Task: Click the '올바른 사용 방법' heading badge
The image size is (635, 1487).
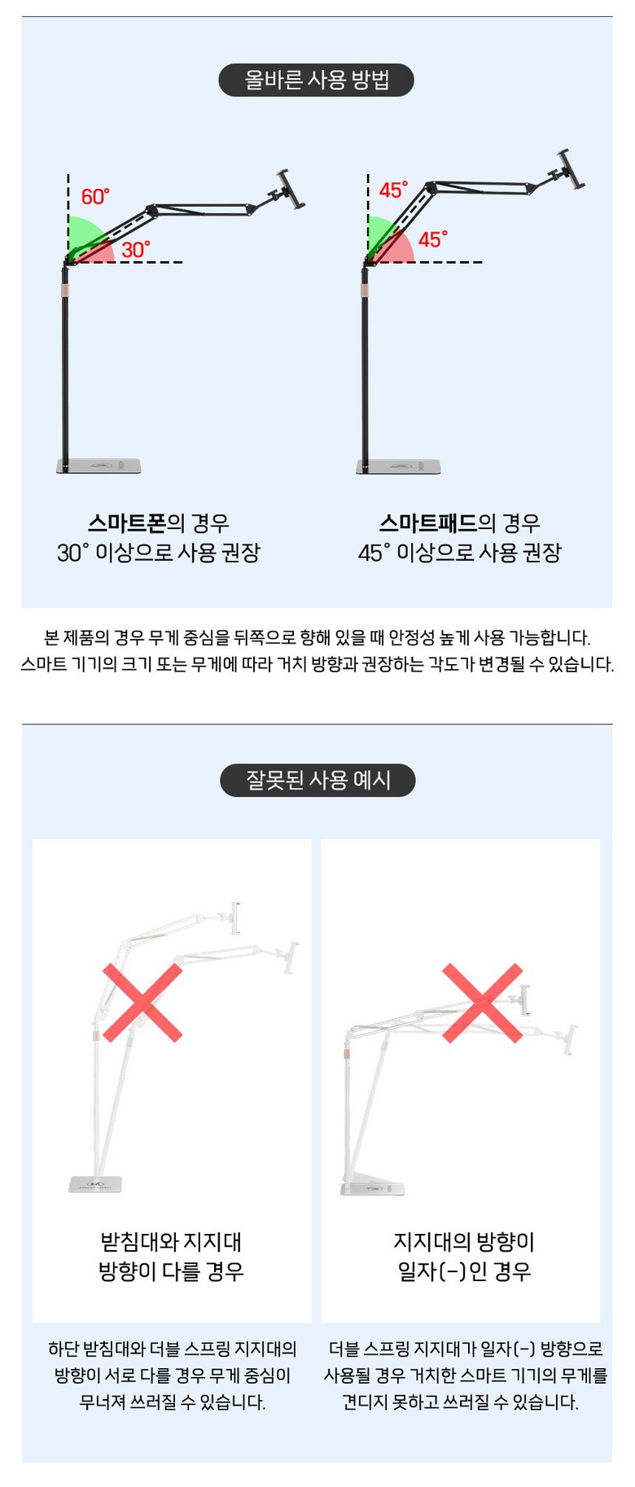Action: (x=316, y=80)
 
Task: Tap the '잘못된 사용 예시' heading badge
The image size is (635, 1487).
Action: (x=317, y=780)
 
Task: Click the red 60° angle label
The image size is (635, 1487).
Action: (x=94, y=197)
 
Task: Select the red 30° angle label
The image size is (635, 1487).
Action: (x=136, y=249)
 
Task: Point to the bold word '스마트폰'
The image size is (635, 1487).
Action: (x=127, y=523)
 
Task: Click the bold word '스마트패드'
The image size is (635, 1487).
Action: (x=428, y=523)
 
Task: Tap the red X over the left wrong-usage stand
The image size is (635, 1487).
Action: (x=142, y=1003)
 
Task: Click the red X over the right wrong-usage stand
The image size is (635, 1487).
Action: (x=482, y=1003)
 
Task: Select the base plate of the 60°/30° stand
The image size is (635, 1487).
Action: (x=99, y=466)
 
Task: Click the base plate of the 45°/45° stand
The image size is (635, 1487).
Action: (x=399, y=466)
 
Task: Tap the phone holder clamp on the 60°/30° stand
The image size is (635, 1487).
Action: (x=290, y=190)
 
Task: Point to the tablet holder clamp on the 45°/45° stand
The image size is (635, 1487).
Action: (x=571, y=170)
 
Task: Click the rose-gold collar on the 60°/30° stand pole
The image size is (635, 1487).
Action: (x=64, y=291)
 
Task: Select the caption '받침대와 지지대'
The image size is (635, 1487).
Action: (x=171, y=1241)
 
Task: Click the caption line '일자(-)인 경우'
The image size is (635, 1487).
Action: (x=464, y=1271)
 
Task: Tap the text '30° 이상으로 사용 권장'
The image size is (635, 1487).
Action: (x=159, y=553)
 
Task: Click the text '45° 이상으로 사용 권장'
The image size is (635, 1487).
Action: (x=460, y=553)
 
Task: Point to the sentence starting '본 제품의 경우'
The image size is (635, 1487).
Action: (x=317, y=637)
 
